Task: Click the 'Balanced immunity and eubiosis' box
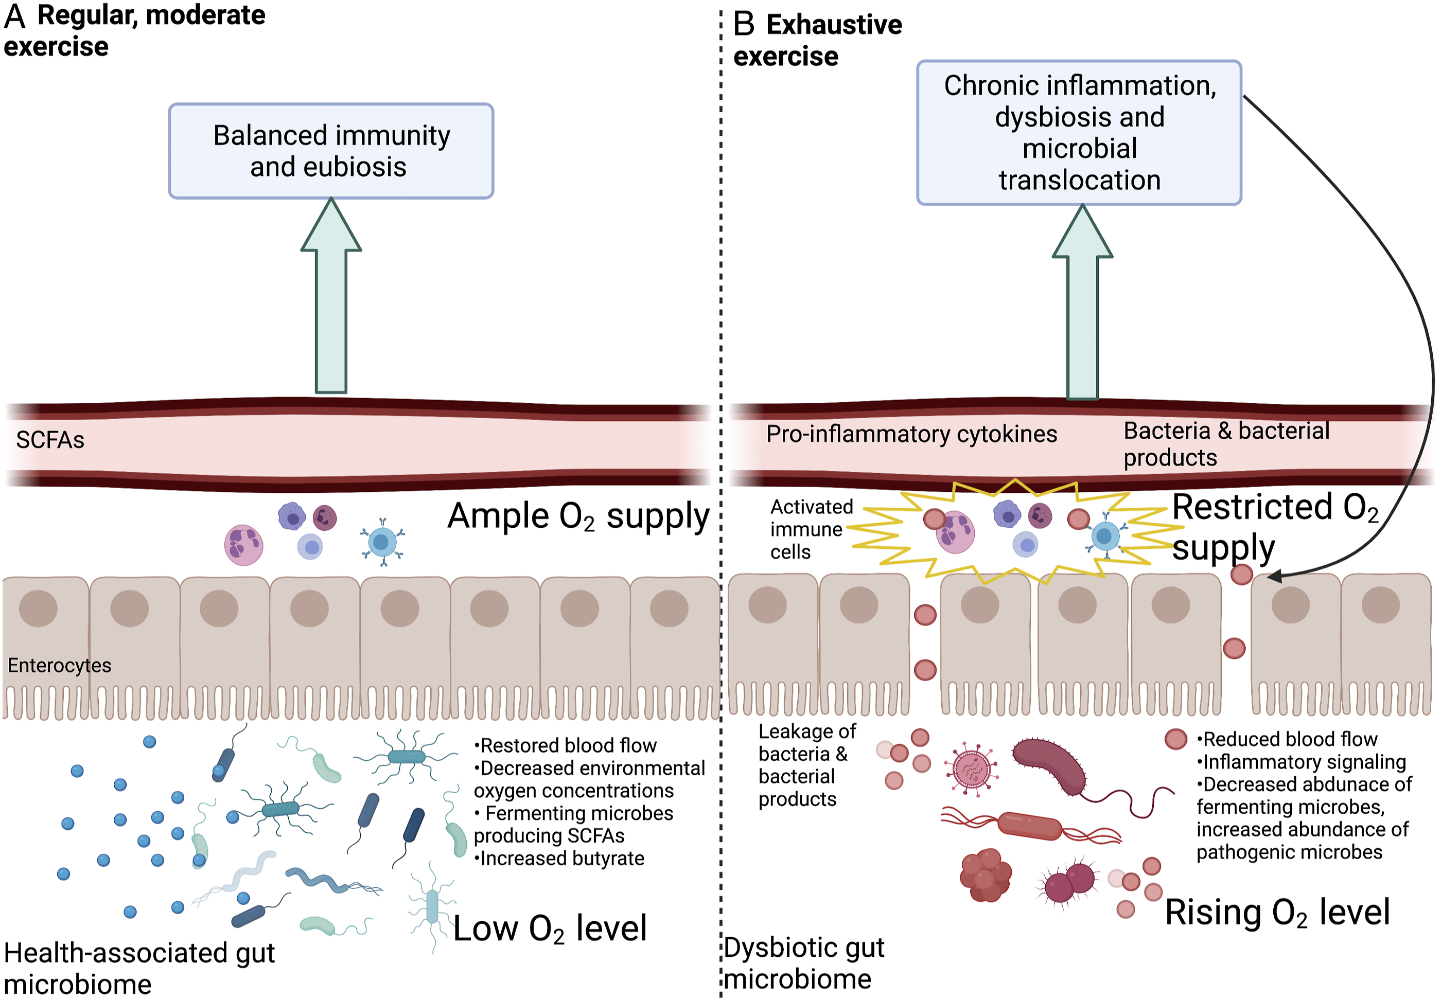point(330,151)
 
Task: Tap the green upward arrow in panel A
point(330,295)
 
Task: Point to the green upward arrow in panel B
point(1082,301)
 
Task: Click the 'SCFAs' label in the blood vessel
point(50,440)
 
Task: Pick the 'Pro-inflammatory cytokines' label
point(911,434)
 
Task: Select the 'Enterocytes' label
point(60,665)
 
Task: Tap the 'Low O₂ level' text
point(550,928)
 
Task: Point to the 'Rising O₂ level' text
point(1277,913)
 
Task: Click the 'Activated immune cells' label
point(811,529)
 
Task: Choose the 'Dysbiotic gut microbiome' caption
point(804,963)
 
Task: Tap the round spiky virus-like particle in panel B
point(971,769)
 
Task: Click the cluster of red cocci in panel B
point(986,875)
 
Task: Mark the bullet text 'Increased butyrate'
point(559,858)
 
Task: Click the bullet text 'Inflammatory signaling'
point(1301,761)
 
